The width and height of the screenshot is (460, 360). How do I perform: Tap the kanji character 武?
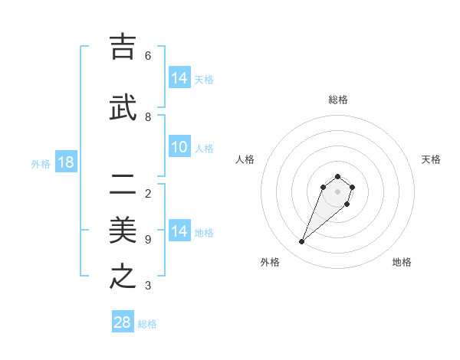(x=123, y=108)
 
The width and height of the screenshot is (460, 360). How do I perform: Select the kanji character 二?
(x=123, y=184)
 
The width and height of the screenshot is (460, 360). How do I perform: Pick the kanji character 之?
(x=123, y=277)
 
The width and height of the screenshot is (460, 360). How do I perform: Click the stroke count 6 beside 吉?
(x=148, y=56)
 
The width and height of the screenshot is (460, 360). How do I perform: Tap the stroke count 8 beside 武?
(x=148, y=117)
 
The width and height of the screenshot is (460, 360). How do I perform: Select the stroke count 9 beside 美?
(x=148, y=240)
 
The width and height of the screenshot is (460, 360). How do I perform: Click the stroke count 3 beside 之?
(x=148, y=286)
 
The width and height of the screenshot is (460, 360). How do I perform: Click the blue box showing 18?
(x=65, y=162)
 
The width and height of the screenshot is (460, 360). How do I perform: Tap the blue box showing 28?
(x=123, y=322)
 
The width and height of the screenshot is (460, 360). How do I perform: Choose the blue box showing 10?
(x=179, y=147)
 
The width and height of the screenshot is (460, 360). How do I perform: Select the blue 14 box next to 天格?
(x=179, y=78)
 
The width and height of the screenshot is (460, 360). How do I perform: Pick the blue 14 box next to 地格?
(x=179, y=231)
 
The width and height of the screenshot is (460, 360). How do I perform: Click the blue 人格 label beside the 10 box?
(x=204, y=148)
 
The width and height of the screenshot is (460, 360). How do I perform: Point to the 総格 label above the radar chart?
(x=338, y=100)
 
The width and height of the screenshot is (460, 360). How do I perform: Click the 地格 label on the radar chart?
(x=402, y=262)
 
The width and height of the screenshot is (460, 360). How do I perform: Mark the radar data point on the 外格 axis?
(x=302, y=241)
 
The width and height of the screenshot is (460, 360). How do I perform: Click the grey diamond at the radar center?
(x=338, y=191)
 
